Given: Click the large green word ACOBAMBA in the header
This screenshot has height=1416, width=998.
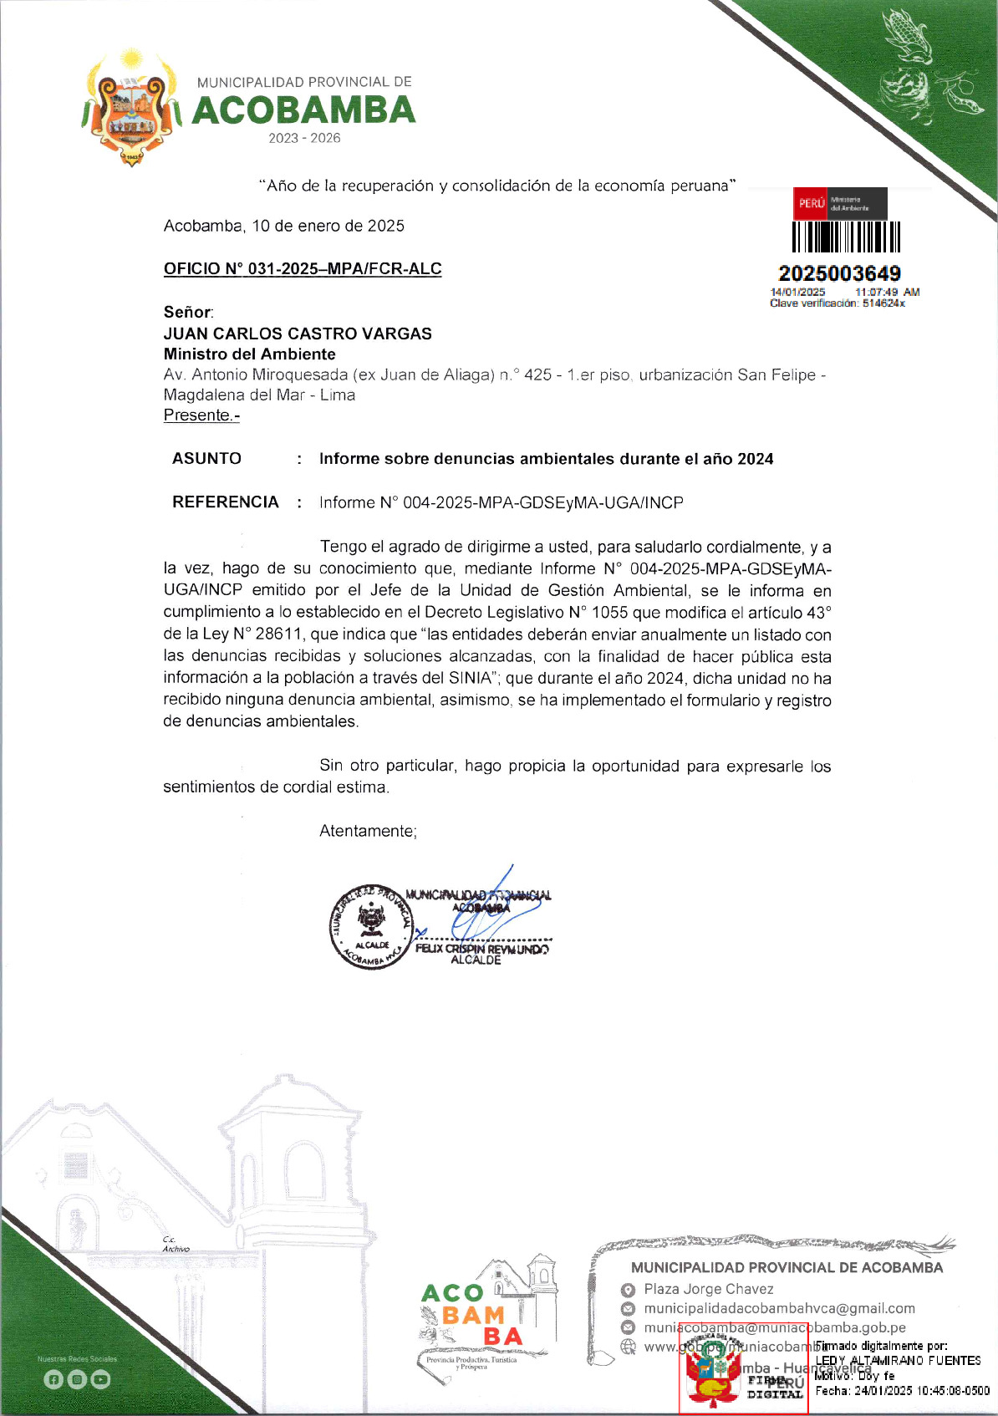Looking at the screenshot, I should (x=303, y=110).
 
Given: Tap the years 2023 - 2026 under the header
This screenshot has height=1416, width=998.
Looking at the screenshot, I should (x=304, y=138).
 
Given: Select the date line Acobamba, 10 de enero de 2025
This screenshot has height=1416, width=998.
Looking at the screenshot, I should (x=283, y=226).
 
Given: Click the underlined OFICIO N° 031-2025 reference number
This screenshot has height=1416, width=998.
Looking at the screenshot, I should (x=302, y=269).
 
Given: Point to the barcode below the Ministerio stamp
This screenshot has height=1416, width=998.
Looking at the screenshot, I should (x=846, y=237).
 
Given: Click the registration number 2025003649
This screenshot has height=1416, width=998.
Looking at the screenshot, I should (x=839, y=273).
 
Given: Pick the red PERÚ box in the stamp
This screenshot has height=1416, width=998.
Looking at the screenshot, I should (x=810, y=203).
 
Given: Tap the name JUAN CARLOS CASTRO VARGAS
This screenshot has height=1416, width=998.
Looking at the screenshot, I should (x=298, y=334).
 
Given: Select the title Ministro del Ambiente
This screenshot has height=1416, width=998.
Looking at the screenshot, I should (x=249, y=354).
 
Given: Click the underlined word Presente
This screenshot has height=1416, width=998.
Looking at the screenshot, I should (x=201, y=415).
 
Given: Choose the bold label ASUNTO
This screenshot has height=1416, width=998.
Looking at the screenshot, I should (x=206, y=458).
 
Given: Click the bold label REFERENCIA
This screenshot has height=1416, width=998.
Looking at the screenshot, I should (x=225, y=502).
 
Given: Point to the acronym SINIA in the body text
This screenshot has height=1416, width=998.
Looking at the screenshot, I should (x=468, y=678).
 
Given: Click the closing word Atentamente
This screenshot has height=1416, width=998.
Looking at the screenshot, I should (x=368, y=831).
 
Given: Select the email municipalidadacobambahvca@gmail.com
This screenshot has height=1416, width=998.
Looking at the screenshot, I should (x=779, y=1308).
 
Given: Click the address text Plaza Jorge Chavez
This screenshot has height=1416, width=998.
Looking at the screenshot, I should (x=708, y=1289).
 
